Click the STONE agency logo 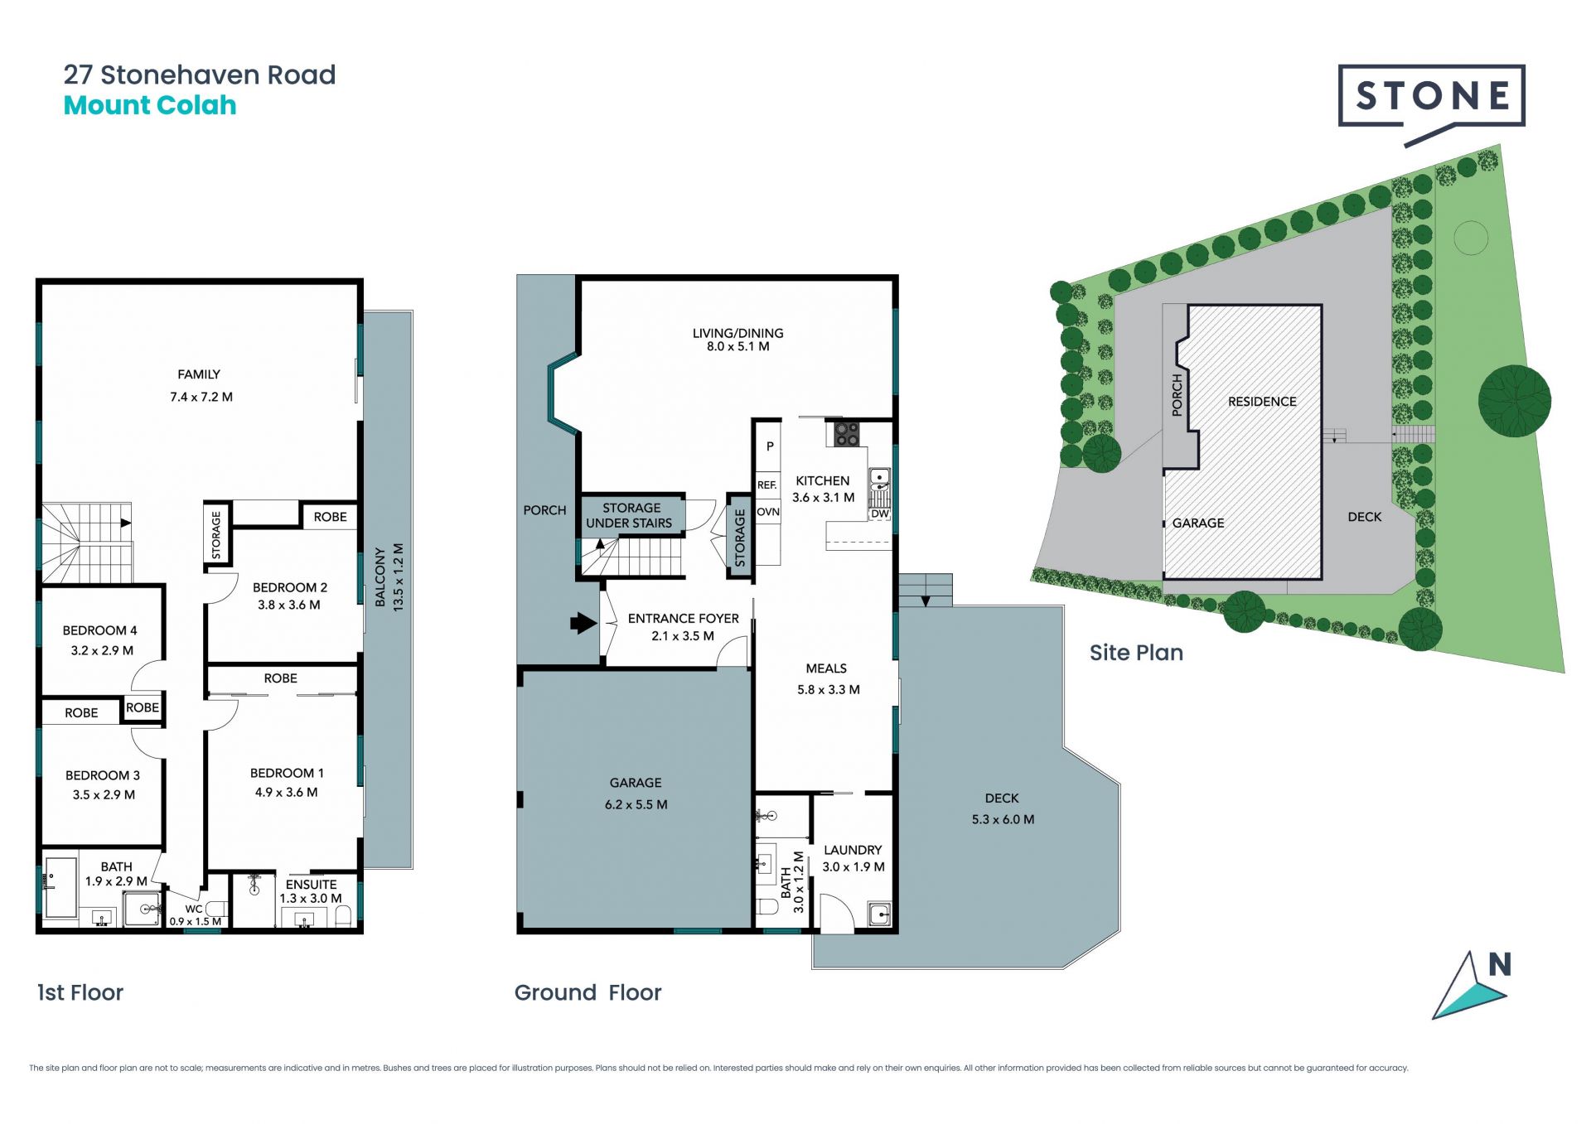[1431, 103]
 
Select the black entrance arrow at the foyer [583, 622]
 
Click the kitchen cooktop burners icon [846, 433]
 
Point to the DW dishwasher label [879, 514]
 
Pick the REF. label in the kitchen [766, 485]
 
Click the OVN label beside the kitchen [768, 512]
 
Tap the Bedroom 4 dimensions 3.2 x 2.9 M [102, 650]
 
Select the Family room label [199, 374]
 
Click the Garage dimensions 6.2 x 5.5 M [636, 804]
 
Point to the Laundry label [853, 850]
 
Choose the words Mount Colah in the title [150, 105]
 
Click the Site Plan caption [1136, 653]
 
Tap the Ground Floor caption [588, 992]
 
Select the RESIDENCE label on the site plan [1262, 402]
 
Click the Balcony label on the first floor [380, 577]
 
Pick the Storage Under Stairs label [630, 515]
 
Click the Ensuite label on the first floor [311, 885]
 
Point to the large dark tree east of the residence [1514, 401]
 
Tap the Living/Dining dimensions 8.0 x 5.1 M [737, 346]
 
